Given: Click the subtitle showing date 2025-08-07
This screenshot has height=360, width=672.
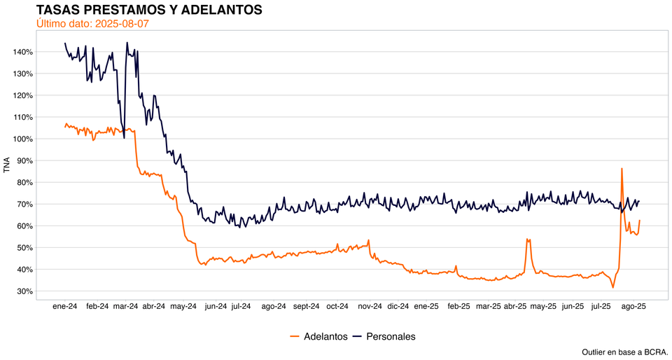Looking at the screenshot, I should tap(92, 24).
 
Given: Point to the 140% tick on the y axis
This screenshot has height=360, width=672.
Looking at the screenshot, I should tap(22, 52).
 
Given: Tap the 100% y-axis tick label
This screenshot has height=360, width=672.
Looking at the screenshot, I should tap(22, 139).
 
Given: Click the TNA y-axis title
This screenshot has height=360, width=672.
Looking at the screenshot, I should tap(7, 165).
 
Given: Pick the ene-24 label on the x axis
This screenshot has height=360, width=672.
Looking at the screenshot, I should tap(65, 306).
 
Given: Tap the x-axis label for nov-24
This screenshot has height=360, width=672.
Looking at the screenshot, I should tap(370, 306).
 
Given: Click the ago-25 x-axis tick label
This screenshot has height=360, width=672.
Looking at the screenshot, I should tap(633, 306).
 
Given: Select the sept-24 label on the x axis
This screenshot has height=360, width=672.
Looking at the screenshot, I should tap(306, 306).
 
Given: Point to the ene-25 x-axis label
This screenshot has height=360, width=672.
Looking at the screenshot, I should tap(426, 306).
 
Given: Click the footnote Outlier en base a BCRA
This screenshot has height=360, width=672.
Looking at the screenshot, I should tap(624, 351).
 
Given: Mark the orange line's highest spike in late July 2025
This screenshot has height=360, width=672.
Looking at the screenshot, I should tap(622, 168).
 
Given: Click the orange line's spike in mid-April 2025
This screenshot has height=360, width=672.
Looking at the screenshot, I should tap(528, 239).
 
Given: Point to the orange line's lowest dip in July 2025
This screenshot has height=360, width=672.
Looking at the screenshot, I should tap(612, 287).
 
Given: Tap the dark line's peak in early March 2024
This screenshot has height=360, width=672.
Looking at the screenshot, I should tap(127, 43).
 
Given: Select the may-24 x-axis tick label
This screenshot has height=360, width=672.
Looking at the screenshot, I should tap(183, 306).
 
